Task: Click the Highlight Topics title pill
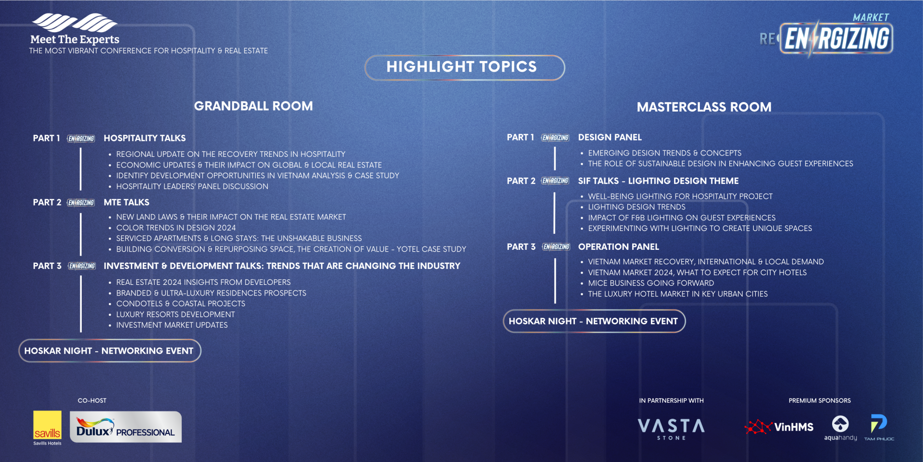click(x=464, y=67)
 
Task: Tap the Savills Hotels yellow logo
click(x=47, y=428)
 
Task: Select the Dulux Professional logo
click(x=125, y=427)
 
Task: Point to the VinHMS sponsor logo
click(x=779, y=427)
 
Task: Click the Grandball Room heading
click(x=253, y=106)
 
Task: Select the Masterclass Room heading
click(x=704, y=107)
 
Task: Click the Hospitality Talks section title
click(x=145, y=138)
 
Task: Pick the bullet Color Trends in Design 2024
click(x=176, y=228)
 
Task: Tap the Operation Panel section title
click(x=618, y=247)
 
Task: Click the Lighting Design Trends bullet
click(x=636, y=207)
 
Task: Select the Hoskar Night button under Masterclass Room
click(x=594, y=321)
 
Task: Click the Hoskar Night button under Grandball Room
click(x=110, y=351)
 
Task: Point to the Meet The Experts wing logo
click(x=75, y=23)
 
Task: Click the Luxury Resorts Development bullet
click(x=175, y=314)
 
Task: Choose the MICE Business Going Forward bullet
click(x=651, y=283)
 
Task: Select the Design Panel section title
click(x=610, y=137)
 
